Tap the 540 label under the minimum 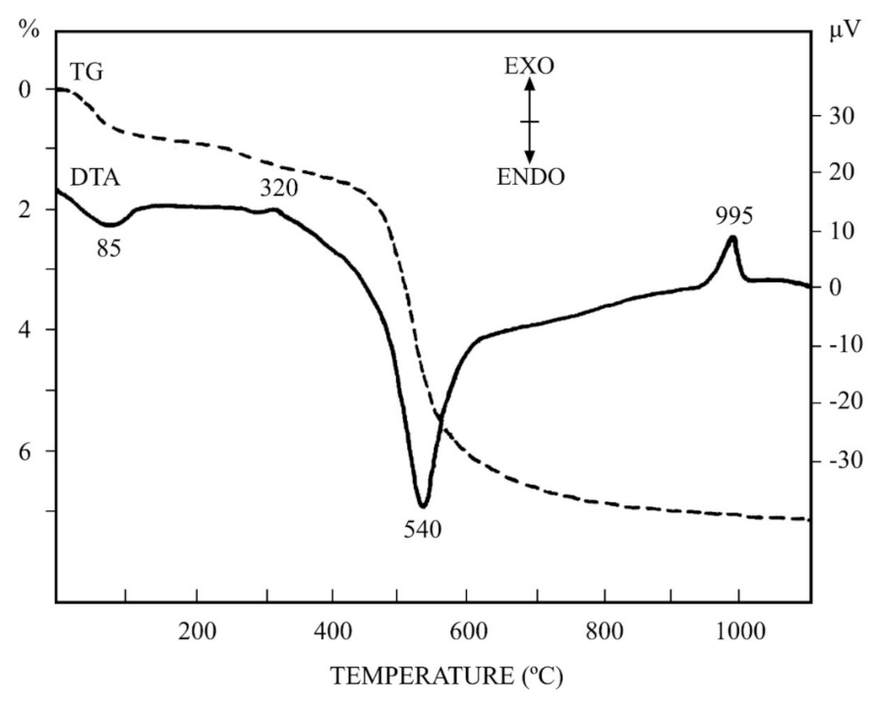click(422, 530)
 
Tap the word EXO click(528, 67)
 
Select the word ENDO click(529, 177)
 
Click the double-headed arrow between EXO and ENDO click(529, 122)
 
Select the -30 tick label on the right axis click(841, 461)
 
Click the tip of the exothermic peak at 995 click(731, 237)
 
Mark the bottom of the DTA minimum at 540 click(423, 505)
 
